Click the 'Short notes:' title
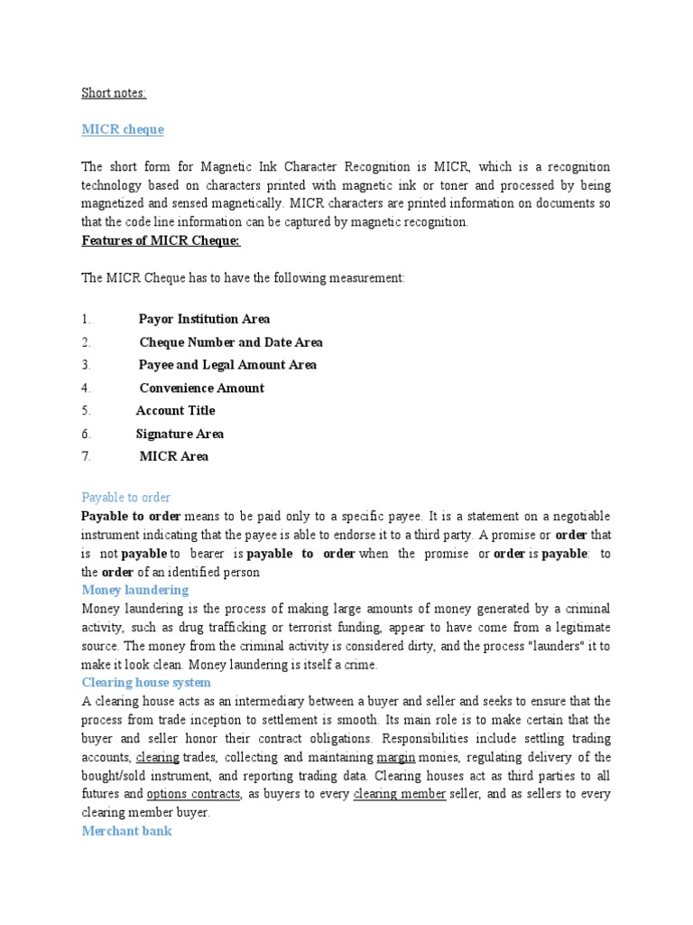pos(114,92)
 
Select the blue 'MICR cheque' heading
pos(123,129)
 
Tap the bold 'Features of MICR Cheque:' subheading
pos(161,241)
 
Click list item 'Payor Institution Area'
pos(204,319)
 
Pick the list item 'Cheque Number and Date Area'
pos(231,342)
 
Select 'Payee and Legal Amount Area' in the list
pos(227,365)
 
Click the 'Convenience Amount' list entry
pos(202,388)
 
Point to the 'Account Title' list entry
pos(176,410)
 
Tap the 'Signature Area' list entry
pos(180,434)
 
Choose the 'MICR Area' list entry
pos(174,456)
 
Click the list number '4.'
pos(87,388)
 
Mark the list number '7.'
pos(87,456)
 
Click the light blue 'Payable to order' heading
pos(126,497)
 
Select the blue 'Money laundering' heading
pos(135,590)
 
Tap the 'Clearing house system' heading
pos(146,682)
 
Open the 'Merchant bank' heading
pos(126,830)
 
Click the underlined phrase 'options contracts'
pos(193,794)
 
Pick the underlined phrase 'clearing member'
pos(399,794)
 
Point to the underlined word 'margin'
pos(395,757)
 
